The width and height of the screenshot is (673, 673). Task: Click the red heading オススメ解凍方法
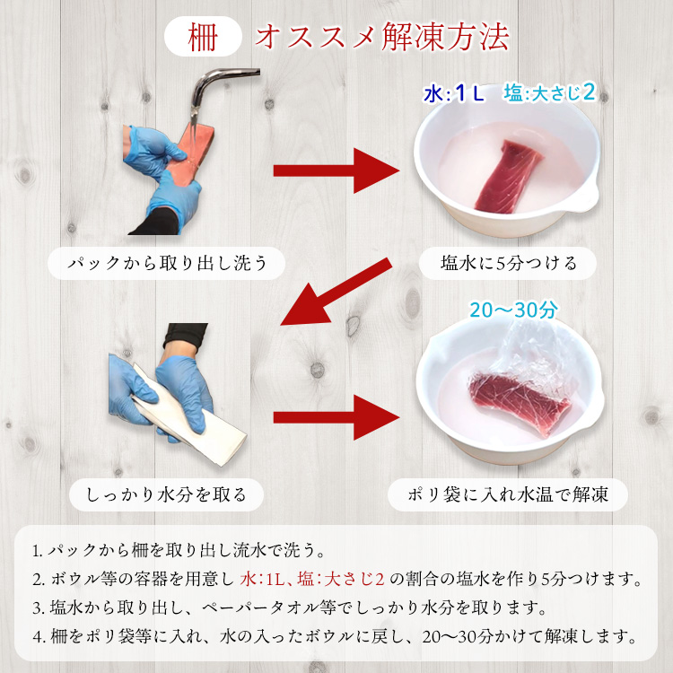382,37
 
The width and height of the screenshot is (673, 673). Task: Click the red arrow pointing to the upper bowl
336,170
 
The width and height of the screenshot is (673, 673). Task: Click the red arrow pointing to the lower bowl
336,416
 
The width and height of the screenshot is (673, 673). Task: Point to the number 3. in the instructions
37,608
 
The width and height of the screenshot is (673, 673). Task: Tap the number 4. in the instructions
37,638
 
